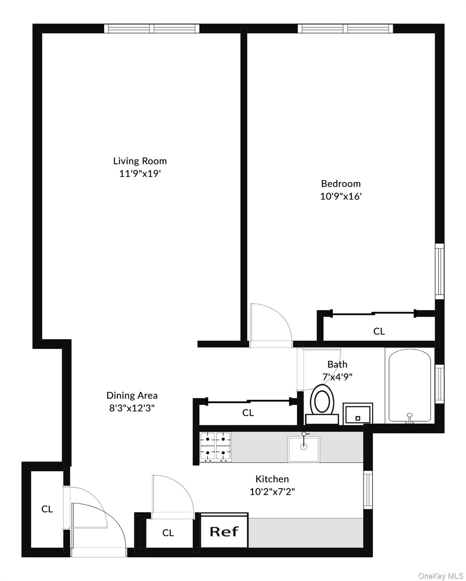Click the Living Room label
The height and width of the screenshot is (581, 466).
(140, 161)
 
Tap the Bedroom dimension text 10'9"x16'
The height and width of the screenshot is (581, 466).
(341, 196)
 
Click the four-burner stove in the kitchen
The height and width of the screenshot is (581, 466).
(216, 447)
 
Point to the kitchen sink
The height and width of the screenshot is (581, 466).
(304, 449)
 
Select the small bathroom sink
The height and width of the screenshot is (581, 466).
(358, 413)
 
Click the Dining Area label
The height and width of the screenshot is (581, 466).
(132, 395)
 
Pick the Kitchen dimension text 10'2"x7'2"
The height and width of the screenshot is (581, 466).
(272, 492)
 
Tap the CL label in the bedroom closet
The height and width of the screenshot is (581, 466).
(379, 331)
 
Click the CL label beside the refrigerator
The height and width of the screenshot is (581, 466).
(168, 533)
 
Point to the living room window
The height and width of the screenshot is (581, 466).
(152, 28)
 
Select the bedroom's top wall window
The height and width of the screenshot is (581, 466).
(345, 28)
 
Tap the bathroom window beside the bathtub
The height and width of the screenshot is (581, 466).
(440, 384)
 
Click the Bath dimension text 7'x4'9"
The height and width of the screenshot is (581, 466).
(337, 377)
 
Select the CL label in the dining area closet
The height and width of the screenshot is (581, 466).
(248, 413)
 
